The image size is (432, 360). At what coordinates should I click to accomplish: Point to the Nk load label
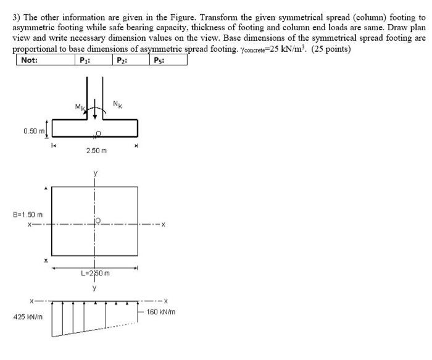tap(118, 104)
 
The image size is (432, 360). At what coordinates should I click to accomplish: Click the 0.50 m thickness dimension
tap(33, 130)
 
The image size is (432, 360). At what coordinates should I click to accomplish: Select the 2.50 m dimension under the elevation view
tap(96, 150)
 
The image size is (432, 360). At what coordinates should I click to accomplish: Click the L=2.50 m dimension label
tap(96, 273)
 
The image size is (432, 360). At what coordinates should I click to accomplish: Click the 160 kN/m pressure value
tap(162, 312)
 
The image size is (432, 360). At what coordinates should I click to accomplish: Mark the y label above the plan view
tap(95, 174)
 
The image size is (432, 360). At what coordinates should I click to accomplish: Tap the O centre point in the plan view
tap(98, 220)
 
